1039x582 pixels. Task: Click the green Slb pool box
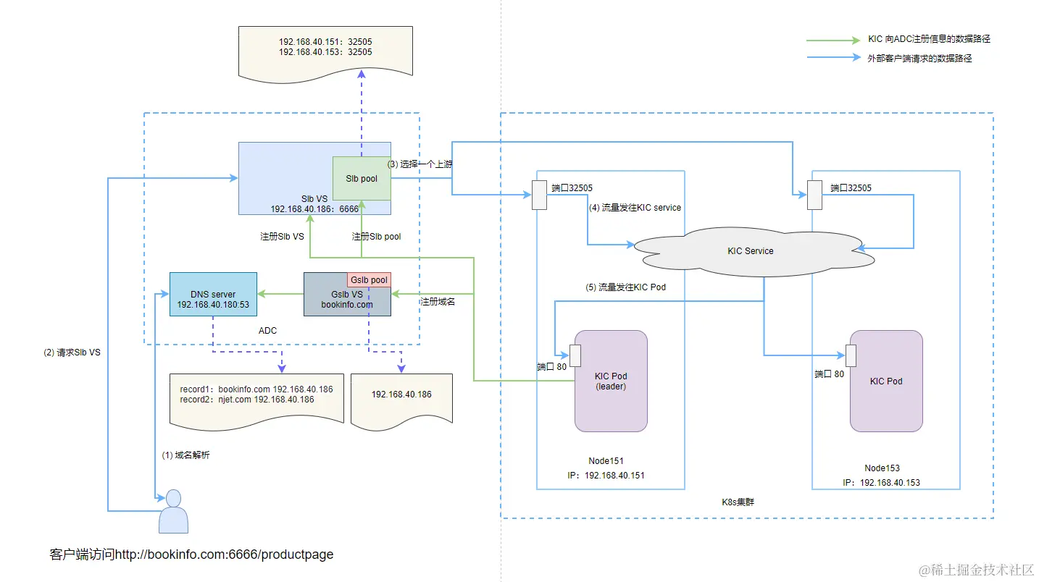[362, 178]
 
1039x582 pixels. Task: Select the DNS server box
[213, 294]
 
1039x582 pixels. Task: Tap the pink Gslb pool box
[369, 280]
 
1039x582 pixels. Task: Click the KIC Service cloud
[750, 251]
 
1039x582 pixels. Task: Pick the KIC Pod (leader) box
[610, 381]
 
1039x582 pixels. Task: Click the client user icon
[173, 512]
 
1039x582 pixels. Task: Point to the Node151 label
[606, 461]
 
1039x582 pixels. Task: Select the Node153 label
[882, 468]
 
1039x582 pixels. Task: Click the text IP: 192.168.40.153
[881, 483]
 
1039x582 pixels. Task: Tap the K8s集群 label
[738, 502]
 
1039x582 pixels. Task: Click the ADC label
[268, 331]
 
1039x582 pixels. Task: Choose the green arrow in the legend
[833, 40]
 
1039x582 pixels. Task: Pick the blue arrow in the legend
[833, 59]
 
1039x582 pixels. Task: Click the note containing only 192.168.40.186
[401, 395]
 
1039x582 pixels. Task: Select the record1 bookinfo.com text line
[256, 389]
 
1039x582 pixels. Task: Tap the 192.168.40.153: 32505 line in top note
[325, 52]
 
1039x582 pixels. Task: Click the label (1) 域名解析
[185, 455]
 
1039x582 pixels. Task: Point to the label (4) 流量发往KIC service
[634, 208]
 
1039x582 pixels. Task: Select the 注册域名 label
[439, 302]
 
